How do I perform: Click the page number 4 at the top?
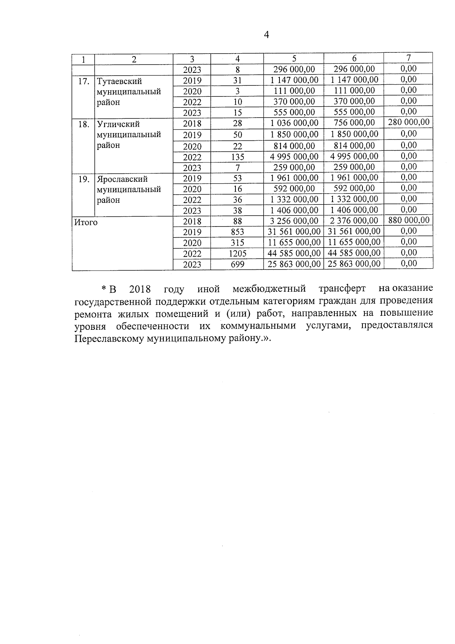(266, 35)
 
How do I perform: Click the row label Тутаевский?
(119, 81)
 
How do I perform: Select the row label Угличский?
(118, 124)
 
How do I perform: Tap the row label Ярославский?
(122, 179)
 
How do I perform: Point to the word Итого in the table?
(86, 222)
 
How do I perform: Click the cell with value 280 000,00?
(408, 122)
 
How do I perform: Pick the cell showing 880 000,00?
(408, 220)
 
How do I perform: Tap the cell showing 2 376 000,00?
(353, 220)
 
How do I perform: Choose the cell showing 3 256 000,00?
(294, 221)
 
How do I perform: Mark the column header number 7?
(408, 58)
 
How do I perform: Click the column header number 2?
(134, 59)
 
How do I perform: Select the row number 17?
(83, 81)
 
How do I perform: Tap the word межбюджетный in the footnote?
(269, 289)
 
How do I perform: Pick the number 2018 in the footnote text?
(140, 289)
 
